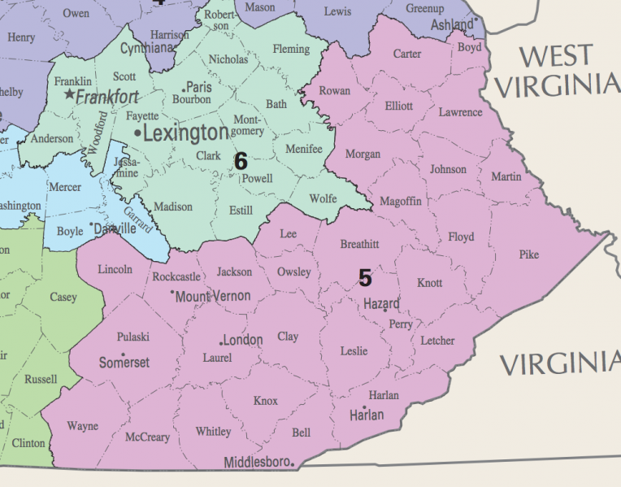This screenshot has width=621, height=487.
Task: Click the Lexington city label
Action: [186, 133]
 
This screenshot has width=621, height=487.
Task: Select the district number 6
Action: [241, 161]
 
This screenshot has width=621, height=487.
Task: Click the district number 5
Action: [365, 278]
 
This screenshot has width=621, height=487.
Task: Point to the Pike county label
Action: [528, 254]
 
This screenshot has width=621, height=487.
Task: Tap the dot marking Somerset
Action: [123, 355]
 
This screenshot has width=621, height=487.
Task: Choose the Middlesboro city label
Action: [256, 463]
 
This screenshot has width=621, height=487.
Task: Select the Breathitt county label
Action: [359, 244]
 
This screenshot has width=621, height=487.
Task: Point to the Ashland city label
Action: [451, 25]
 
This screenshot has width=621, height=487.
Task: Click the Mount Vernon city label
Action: [213, 296]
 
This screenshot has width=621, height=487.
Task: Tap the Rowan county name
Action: [335, 90]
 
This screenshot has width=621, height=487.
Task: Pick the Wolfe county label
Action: [323, 198]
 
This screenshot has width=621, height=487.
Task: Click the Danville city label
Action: [115, 229]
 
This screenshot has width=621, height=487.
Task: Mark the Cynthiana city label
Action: [147, 49]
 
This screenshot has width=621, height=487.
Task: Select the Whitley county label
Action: [213, 432]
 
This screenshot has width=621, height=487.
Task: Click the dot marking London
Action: [220, 342]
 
